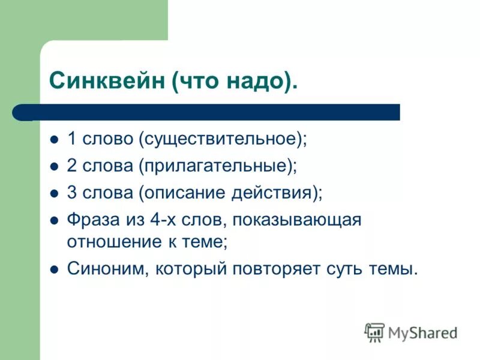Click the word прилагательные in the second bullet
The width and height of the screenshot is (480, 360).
(217, 166)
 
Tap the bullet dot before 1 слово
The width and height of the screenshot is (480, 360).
(53, 140)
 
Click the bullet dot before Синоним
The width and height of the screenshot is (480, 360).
(53, 269)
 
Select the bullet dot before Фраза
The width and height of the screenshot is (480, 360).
(53, 221)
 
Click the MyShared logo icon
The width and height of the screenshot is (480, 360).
(374, 332)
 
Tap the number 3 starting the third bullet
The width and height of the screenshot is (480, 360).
(71, 193)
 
